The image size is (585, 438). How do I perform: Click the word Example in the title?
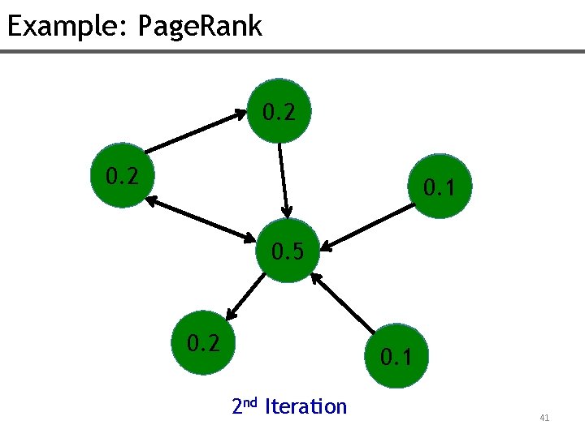coord(61,26)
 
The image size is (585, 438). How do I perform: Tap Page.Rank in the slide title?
coord(200,26)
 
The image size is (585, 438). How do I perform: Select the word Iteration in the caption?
coord(305,406)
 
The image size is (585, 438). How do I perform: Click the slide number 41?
coord(544,418)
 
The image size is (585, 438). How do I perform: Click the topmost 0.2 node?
coord(279,111)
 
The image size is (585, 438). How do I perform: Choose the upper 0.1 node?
coord(441,187)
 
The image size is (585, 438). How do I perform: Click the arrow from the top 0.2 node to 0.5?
coord(283,181)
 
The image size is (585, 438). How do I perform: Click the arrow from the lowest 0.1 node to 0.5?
coord(345,304)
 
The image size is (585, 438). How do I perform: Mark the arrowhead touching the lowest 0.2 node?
coord(231,314)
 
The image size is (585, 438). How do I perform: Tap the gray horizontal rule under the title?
coord(292,52)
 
